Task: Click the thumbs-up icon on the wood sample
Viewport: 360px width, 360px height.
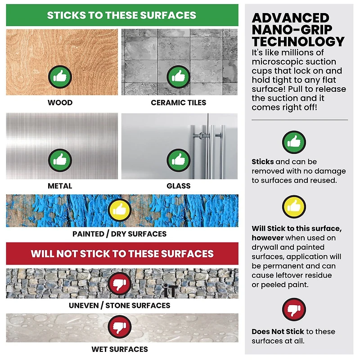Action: (x=60, y=77)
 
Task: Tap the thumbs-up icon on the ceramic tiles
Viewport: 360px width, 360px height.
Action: (x=178, y=77)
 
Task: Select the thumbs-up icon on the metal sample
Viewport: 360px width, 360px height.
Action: (x=60, y=160)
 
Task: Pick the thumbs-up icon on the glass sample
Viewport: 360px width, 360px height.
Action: (x=178, y=160)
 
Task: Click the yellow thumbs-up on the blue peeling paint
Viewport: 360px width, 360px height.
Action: (x=119, y=210)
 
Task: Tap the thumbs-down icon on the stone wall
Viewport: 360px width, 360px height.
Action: (x=119, y=283)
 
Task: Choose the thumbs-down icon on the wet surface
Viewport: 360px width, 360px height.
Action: (x=119, y=327)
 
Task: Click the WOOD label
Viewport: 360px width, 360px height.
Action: (x=60, y=103)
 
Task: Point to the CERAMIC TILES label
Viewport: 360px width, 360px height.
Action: (x=178, y=103)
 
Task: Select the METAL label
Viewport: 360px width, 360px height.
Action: (x=60, y=186)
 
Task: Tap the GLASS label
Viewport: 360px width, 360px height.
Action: (x=178, y=186)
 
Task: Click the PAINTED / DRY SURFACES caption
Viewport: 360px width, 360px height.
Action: (x=119, y=234)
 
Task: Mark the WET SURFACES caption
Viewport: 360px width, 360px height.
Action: (x=120, y=349)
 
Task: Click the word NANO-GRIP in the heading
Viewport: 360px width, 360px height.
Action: (x=292, y=30)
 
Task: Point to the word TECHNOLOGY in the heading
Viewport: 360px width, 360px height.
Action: (x=298, y=41)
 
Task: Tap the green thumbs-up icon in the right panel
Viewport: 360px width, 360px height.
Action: (x=294, y=142)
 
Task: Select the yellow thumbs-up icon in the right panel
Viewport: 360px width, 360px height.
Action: (x=294, y=207)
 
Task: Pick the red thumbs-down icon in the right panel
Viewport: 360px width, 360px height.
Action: (x=294, y=310)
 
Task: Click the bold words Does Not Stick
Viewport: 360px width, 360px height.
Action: (x=278, y=332)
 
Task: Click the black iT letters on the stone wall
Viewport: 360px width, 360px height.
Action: (x=171, y=291)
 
